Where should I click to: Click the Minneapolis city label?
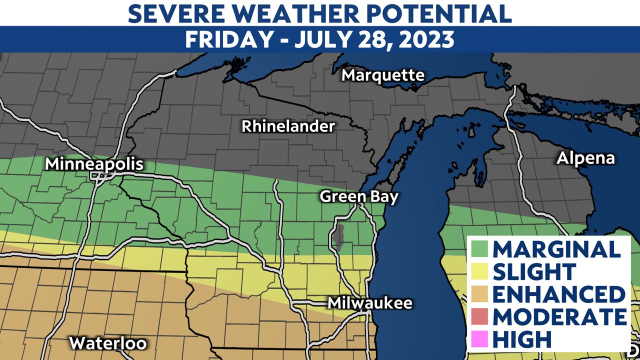coord(94,164)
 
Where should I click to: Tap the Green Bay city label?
coord(359,196)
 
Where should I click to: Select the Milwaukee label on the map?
coord(370,303)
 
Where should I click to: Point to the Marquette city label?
coord(383,75)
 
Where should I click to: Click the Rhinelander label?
coord(288,126)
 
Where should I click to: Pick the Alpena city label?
coord(585,158)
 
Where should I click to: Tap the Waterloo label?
coord(108,343)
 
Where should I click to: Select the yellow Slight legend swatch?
coord(479,271)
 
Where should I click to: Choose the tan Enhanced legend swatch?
coord(479,294)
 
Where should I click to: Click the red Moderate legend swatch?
coord(479,316)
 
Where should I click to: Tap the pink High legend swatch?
coord(479,339)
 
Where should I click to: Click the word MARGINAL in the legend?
coord(556,249)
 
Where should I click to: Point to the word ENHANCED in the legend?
coord(558,294)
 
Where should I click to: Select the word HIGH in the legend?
coord(522,339)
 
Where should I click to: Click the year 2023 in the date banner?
coord(424,39)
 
